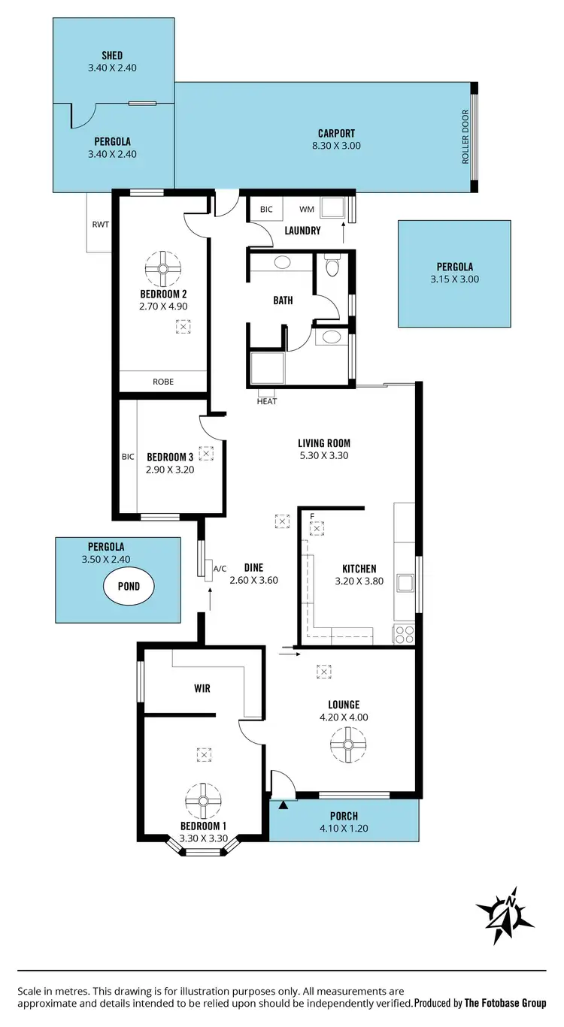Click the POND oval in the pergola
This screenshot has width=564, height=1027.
click(x=129, y=586)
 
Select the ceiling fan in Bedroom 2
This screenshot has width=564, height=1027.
click(x=162, y=268)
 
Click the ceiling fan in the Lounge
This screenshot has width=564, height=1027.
click(x=348, y=745)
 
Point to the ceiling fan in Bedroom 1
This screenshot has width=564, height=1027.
click(x=202, y=801)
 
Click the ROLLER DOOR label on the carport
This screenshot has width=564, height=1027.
click(x=465, y=137)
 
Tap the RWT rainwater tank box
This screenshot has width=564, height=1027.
click(x=99, y=223)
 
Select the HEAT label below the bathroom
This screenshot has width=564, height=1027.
click(x=267, y=401)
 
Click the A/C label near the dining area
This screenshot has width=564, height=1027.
click(x=220, y=568)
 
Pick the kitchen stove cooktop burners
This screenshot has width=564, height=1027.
click(x=404, y=634)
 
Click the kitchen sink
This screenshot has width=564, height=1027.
click(x=405, y=583)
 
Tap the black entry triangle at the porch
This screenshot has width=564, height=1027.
click(x=284, y=805)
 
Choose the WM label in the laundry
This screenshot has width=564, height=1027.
click(x=307, y=210)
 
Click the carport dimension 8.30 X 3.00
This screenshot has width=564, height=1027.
click(x=336, y=146)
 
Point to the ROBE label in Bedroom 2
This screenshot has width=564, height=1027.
click(x=163, y=382)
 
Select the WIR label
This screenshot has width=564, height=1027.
click(x=202, y=688)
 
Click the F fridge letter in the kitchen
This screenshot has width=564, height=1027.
click(x=311, y=516)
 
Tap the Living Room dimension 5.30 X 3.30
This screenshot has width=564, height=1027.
click(x=324, y=455)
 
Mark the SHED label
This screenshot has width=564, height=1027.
click(x=112, y=56)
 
